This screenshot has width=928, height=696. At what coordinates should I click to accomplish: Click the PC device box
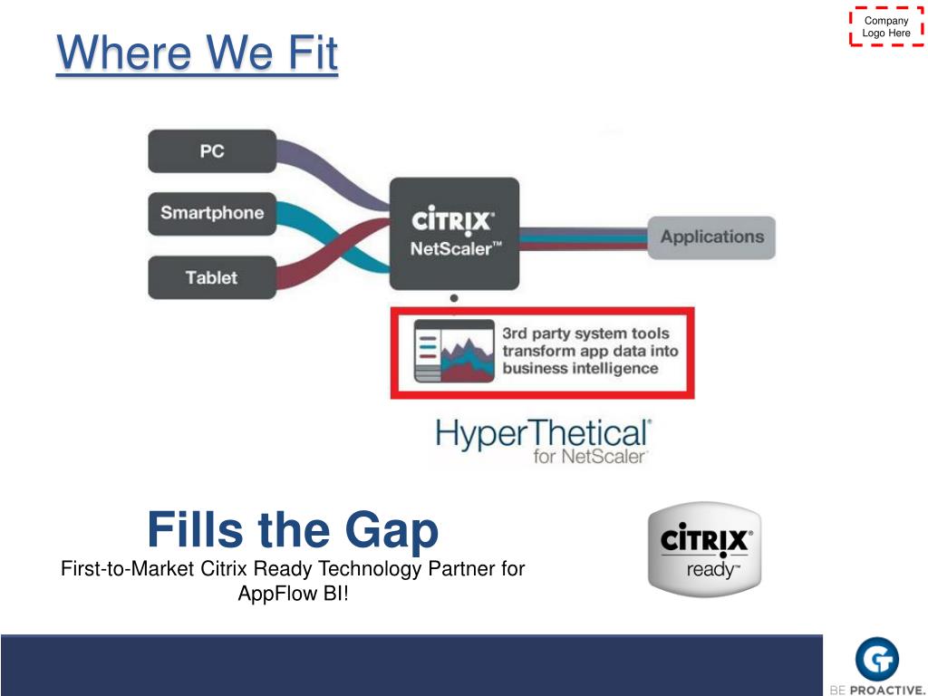212,151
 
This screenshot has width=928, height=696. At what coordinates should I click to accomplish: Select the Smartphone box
212,214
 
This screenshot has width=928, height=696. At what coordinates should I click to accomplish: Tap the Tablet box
212,277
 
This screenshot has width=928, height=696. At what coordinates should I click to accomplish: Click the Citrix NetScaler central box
454,233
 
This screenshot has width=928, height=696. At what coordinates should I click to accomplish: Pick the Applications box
711,237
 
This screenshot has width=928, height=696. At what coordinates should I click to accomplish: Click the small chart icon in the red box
453,352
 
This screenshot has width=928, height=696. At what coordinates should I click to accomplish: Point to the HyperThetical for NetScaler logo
543,440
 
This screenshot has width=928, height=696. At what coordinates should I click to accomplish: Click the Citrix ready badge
704,549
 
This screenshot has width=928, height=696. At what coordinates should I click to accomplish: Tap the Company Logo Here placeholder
886,27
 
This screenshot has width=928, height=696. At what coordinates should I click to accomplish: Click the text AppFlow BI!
293,594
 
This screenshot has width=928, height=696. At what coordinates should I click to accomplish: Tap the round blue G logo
876,658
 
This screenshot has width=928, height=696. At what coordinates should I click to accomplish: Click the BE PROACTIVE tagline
876,688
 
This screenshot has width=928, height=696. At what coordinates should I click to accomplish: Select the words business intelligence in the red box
580,369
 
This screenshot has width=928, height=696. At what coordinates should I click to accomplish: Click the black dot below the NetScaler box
454,297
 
